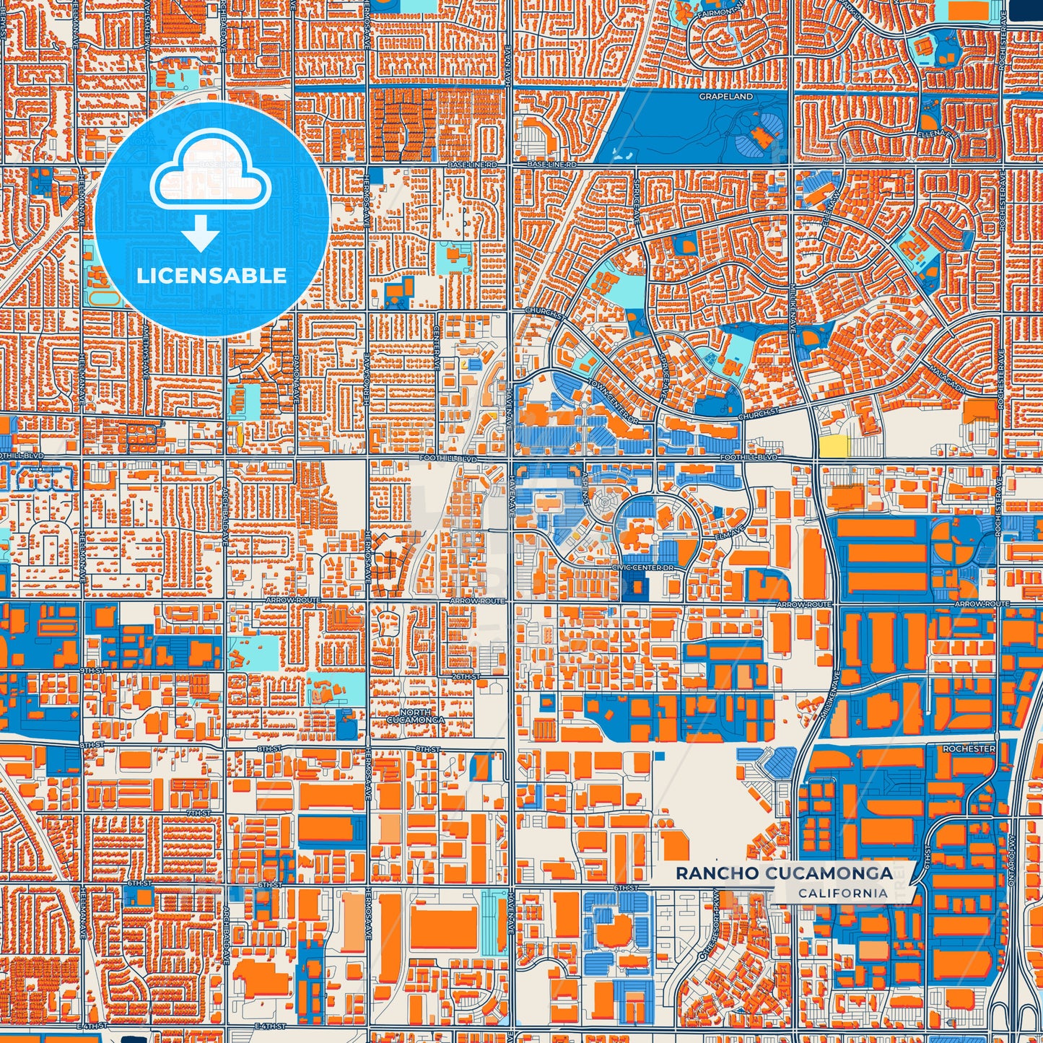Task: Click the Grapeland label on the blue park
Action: pyautogui.click(x=725, y=96)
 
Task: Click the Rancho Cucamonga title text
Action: pyautogui.click(x=784, y=873)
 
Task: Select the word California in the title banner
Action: pyautogui.click(x=842, y=893)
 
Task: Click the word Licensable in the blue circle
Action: pyautogui.click(x=211, y=276)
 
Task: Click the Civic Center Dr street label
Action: pyautogui.click(x=642, y=567)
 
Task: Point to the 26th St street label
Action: pyautogui.click(x=466, y=676)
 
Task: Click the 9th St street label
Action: pyautogui.click(x=92, y=671)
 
